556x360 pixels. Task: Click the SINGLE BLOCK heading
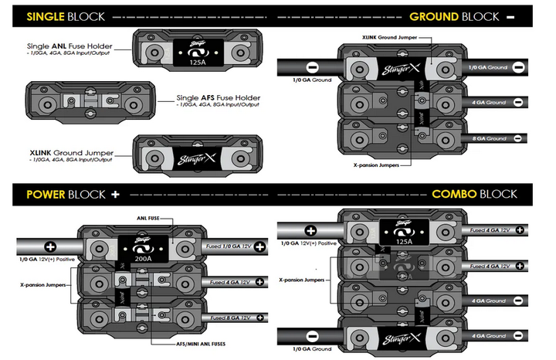point(58,15)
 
